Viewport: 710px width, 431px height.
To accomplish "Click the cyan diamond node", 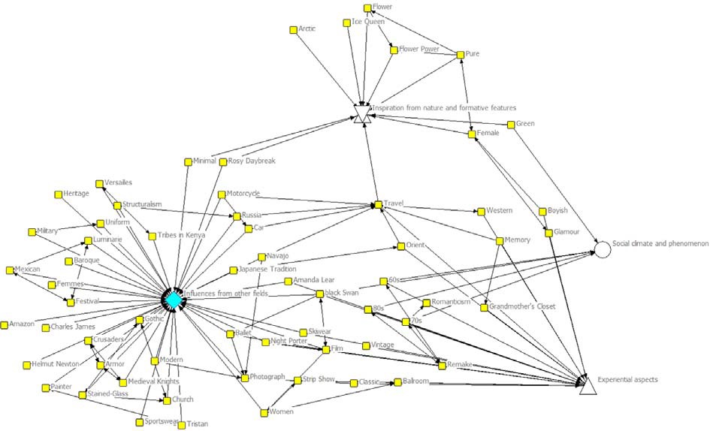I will (x=174, y=300).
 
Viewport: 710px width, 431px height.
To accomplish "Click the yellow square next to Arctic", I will (x=293, y=29).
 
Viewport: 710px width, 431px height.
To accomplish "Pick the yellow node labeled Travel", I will (x=379, y=203).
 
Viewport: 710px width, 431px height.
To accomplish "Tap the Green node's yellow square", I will (x=510, y=124).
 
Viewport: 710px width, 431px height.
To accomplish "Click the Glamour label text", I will (x=567, y=232).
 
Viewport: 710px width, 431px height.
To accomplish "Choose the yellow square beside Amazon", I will (x=5, y=325).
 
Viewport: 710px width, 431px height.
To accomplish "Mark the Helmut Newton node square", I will (x=27, y=364).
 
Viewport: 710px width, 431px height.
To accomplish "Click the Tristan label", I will (x=198, y=424).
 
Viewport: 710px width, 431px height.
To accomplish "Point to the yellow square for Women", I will (x=264, y=411).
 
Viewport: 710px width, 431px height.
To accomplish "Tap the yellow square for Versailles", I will (x=98, y=183).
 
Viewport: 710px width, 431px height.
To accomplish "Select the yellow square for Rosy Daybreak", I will (x=222, y=161).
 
